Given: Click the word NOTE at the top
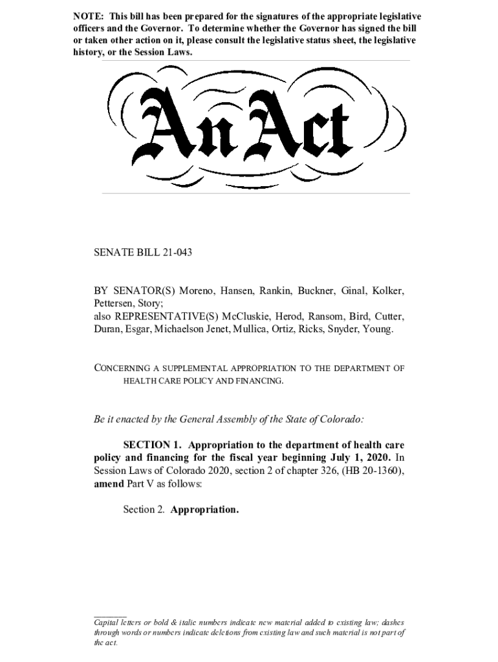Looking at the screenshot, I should coord(87,16).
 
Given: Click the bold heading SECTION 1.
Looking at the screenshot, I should coord(149,445).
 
